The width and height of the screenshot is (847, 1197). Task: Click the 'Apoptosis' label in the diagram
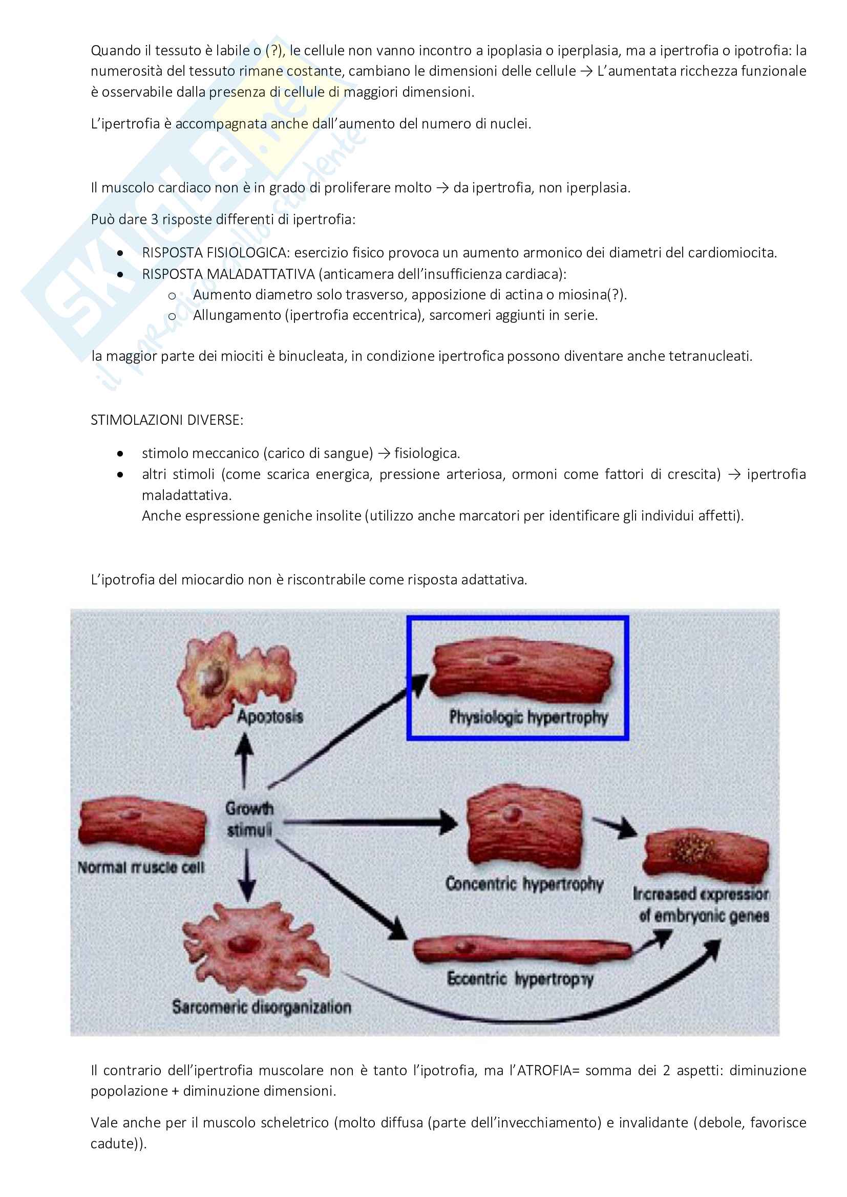[270, 716]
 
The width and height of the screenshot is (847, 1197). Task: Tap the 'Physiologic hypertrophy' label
[528, 717]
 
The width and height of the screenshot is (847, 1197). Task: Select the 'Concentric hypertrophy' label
[524, 884]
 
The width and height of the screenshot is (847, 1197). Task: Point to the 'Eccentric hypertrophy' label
[520, 978]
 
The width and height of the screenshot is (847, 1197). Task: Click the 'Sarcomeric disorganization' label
[261, 1007]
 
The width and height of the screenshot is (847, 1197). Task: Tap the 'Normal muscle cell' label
[141, 867]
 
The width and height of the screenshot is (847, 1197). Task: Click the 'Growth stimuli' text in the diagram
[249, 819]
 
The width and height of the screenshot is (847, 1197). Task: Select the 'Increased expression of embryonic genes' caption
[702, 904]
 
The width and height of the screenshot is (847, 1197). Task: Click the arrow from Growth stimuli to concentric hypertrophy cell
[370, 822]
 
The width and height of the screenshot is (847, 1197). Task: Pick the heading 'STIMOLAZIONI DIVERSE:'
[167, 420]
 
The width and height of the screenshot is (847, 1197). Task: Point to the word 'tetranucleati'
[715, 356]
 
